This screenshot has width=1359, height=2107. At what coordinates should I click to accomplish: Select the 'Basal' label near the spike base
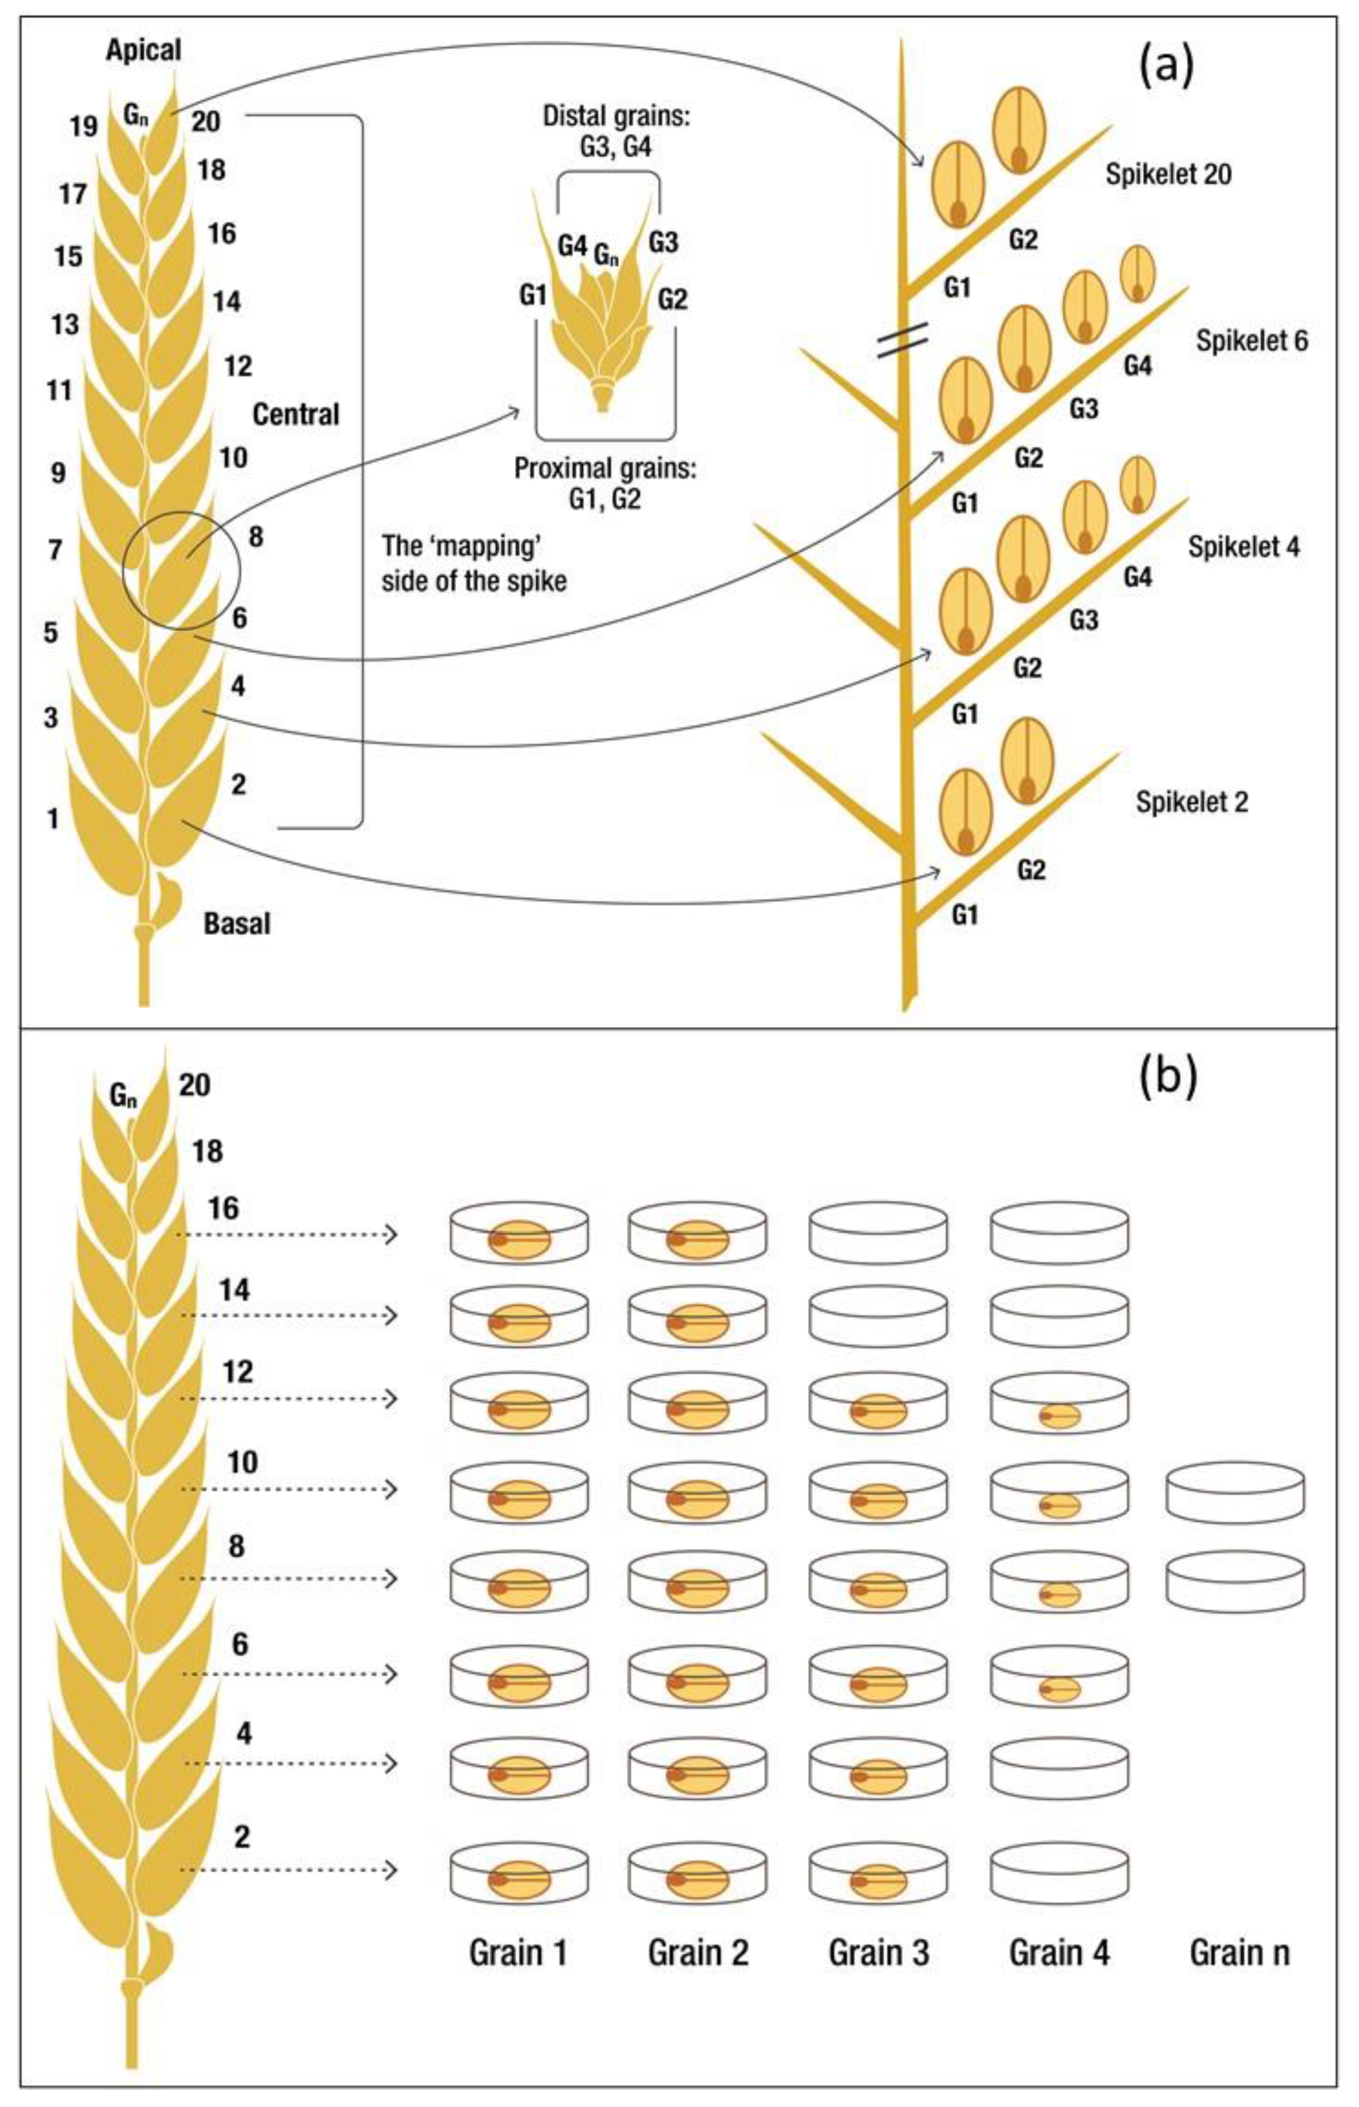(236, 924)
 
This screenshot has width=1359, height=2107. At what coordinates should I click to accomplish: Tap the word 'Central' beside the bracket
(295, 414)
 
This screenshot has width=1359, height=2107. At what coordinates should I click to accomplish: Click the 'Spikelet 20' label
(1168, 174)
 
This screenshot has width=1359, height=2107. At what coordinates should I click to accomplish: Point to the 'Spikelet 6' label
(1251, 341)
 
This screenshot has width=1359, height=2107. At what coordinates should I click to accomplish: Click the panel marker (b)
(1167, 1077)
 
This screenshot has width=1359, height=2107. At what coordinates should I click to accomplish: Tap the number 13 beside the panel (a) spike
(64, 325)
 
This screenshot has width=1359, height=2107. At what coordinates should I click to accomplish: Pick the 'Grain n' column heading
(1239, 1953)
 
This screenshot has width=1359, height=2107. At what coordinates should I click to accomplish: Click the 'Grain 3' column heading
(878, 1953)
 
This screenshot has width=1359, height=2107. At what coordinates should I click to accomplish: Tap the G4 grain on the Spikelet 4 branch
(1137, 484)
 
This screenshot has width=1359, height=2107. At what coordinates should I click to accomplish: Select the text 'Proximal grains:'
(606, 469)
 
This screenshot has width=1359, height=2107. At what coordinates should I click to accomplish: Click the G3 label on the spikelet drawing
(663, 242)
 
